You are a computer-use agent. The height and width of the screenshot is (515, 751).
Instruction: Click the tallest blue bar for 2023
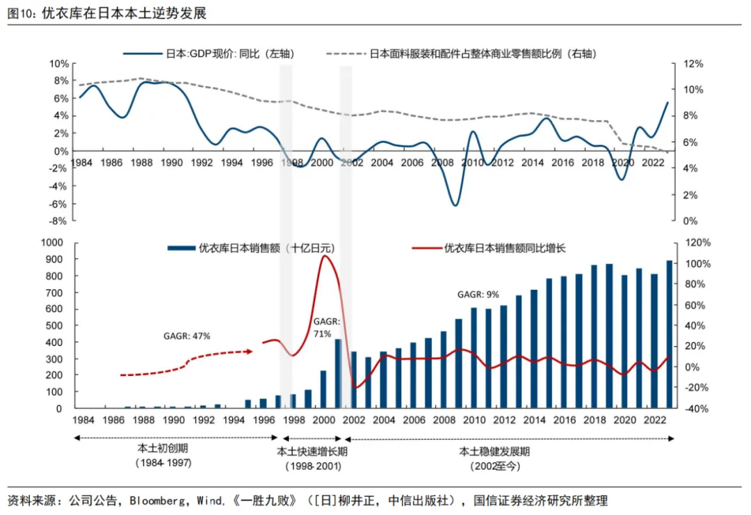click(669, 334)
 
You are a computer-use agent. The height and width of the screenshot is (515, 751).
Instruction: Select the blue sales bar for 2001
click(338, 374)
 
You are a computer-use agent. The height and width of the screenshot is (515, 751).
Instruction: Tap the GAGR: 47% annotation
click(187, 336)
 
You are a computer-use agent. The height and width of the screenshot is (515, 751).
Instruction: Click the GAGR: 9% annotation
click(478, 295)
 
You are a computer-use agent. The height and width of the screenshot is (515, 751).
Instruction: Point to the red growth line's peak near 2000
click(325, 256)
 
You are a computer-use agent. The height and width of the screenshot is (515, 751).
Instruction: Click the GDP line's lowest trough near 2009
click(455, 205)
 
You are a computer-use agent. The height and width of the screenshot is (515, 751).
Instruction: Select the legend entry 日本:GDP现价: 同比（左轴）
click(209, 54)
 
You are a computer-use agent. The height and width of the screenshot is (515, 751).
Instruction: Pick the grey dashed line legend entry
click(461, 54)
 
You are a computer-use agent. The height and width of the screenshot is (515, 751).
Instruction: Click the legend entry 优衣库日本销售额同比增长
click(489, 248)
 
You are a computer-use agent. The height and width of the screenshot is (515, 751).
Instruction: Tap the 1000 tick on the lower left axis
click(52, 242)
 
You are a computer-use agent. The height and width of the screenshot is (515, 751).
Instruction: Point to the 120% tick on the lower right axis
click(698, 243)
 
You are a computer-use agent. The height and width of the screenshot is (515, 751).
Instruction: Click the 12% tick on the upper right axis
click(693, 64)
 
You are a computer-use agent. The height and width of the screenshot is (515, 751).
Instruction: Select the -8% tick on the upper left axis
click(59, 221)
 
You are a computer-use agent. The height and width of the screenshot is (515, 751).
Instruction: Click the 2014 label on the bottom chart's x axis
click(535, 420)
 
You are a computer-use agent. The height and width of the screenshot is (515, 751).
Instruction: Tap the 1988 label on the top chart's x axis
click(142, 162)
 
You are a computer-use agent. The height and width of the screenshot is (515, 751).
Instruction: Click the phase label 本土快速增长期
click(312, 451)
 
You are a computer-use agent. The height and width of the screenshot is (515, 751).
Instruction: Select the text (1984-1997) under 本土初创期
click(163, 463)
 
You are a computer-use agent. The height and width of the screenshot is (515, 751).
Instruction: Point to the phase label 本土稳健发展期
click(495, 451)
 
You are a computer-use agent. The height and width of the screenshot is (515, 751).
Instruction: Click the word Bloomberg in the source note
click(157, 500)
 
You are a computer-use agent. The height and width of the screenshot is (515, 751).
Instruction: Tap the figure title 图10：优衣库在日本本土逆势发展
click(107, 13)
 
